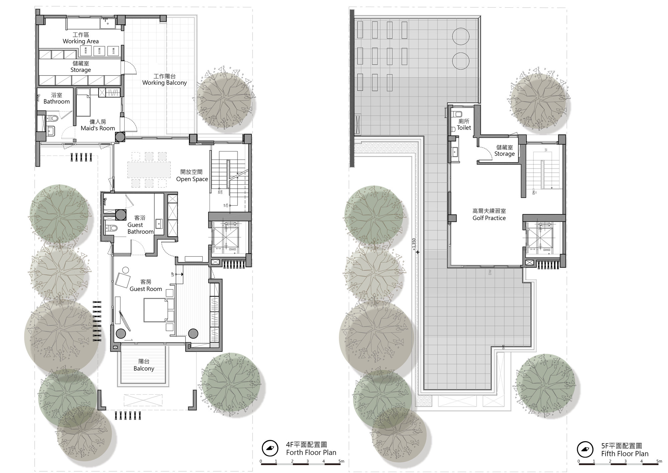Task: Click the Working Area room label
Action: pos(81,38)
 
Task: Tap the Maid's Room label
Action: pos(98,125)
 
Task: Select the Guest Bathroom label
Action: pos(140,225)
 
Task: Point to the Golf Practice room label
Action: pos(489,215)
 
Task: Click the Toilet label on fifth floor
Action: pos(464,124)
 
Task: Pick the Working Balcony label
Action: pos(165,80)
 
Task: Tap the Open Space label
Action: pos(192,176)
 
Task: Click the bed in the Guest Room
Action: pos(156,310)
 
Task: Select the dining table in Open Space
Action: pos(149,170)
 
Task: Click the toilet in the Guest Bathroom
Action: pos(113,228)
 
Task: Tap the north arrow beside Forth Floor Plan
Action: pos(270,448)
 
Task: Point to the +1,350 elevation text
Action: pos(414,244)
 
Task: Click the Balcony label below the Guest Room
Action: pos(144,365)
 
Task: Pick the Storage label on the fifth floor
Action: pos(504,151)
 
